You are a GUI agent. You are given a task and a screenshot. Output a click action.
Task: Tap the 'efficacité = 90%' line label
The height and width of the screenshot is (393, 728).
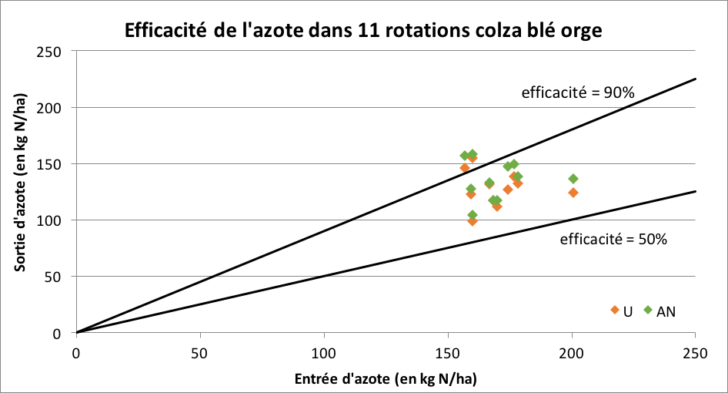[x=578, y=93]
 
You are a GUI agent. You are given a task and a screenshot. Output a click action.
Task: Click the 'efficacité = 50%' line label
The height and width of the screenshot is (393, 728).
[x=613, y=239]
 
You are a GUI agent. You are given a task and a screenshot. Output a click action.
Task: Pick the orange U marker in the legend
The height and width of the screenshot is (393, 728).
[x=615, y=310]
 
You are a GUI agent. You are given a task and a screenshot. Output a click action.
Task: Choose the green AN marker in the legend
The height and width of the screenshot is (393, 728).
[x=648, y=310]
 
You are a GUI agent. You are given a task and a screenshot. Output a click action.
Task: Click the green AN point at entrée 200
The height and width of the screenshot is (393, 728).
[x=573, y=179]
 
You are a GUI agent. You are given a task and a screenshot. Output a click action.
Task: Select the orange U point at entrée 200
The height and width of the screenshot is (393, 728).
[x=573, y=193]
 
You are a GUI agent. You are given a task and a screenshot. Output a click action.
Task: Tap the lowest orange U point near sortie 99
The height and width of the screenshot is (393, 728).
[x=473, y=221]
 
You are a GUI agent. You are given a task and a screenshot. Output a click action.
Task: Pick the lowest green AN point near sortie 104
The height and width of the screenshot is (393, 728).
[x=473, y=215]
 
